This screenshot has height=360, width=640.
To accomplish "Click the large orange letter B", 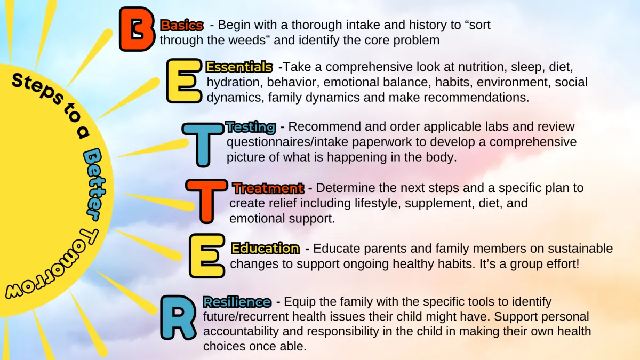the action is pyautogui.click(x=137, y=29).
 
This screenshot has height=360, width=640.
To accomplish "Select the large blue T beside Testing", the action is pyautogui.click(x=203, y=145).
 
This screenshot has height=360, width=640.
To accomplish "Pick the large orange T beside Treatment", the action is pyautogui.click(x=206, y=201).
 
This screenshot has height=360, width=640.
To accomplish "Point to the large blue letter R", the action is pyautogui.click(x=178, y=318).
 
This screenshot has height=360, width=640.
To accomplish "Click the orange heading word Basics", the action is pyautogui.click(x=182, y=26).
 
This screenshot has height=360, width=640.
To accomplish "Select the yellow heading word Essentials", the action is pyautogui.click(x=239, y=67).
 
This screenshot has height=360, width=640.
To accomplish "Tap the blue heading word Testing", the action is pyautogui.click(x=251, y=127).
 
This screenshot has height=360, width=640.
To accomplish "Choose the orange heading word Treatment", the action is pyautogui.click(x=269, y=188).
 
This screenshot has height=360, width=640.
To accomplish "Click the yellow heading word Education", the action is pyautogui.click(x=266, y=249).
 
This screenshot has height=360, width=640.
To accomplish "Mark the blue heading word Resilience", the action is pyautogui.click(x=237, y=302).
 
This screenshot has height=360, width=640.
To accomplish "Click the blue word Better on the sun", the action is pyautogui.click(x=94, y=185).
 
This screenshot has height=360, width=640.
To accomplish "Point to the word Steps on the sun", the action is pyautogui.click(x=38, y=89).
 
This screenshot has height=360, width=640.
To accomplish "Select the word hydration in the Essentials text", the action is pyautogui.click(x=235, y=82).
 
